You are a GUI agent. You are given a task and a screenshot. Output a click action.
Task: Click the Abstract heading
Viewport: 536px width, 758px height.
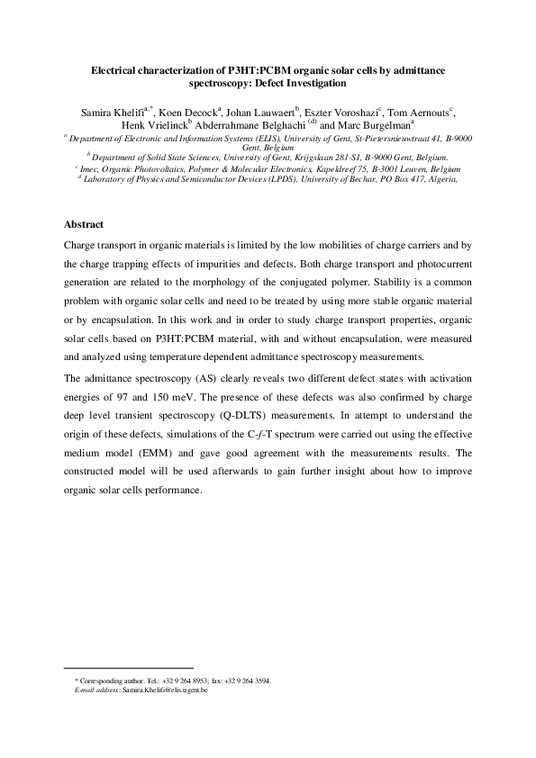[x=84, y=224]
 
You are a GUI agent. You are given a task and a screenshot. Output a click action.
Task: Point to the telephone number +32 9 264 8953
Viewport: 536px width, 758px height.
[x=185, y=681]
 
